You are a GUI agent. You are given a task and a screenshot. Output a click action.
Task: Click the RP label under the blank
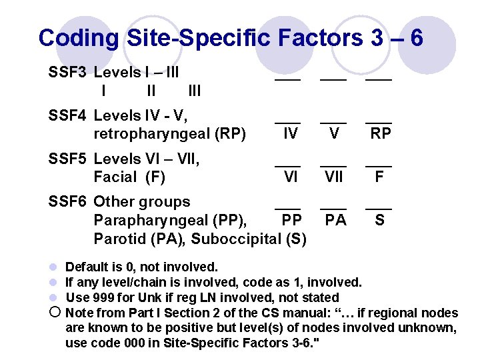381,134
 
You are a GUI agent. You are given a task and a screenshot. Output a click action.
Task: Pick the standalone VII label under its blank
334,177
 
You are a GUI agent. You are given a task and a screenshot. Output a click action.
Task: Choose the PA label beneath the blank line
335,220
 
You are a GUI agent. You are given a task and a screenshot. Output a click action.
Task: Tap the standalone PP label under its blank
291,220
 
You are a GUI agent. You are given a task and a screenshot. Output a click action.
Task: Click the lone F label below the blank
379,177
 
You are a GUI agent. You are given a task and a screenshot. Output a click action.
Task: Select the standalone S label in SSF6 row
379,220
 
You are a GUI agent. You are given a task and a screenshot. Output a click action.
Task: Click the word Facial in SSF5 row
114,177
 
